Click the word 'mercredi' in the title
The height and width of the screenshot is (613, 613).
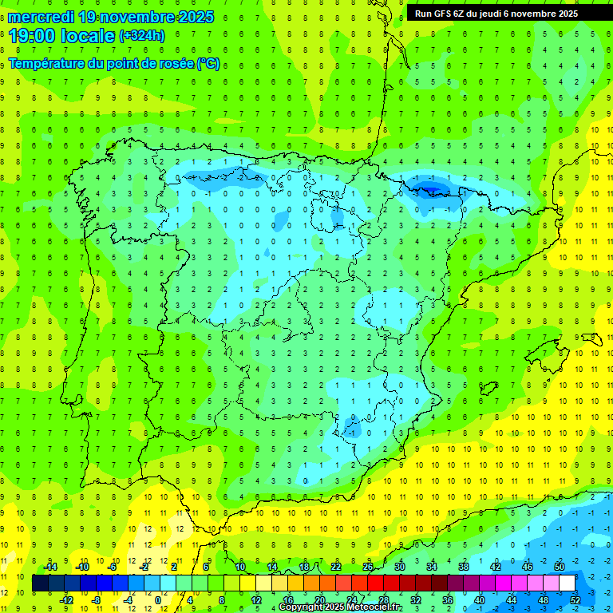pyautogui.click(x=42, y=17)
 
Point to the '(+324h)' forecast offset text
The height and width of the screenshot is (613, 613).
pyautogui.click(x=141, y=35)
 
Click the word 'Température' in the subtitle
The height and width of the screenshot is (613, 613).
pyautogui.click(x=49, y=63)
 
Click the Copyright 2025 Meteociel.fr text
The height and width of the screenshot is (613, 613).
pyautogui.click(x=341, y=607)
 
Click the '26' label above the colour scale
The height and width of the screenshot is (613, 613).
pyautogui.click(x=368, y=567)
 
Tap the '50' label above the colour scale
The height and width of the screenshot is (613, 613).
pyautogui.click(x=559, y=567)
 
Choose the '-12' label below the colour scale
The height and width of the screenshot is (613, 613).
pyautogui.click(x=66, y=600)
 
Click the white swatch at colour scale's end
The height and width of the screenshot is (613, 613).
pyautogui.click(x=567, y=583)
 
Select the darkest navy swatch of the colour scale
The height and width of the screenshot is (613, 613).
pyautogui.click(x=40, y=583)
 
